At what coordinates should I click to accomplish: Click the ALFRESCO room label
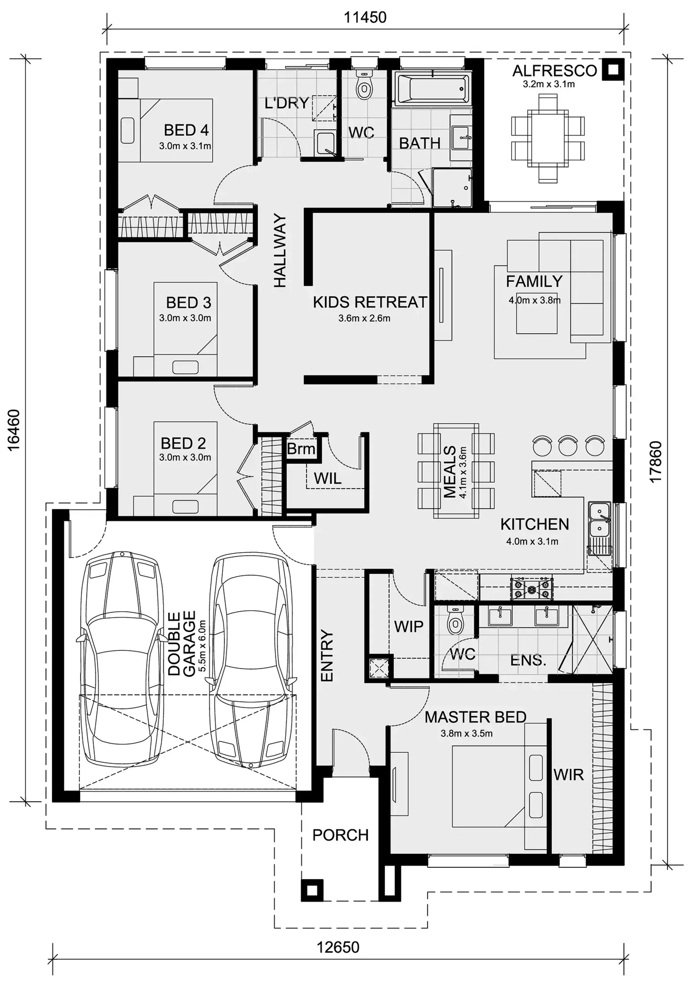coord(554,70)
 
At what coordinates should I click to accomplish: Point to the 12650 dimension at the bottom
coord(338,947)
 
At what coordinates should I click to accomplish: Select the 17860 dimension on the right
coord(655,462)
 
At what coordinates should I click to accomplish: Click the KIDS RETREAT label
coord(370,302)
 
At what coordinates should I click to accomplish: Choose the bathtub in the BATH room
coord(433,89)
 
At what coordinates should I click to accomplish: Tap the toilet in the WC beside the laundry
coord(364,85)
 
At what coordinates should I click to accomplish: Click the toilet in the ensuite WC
coord(455,620)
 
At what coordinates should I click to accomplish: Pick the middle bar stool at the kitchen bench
coord(568,445)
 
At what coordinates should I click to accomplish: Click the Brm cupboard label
coord(301,449)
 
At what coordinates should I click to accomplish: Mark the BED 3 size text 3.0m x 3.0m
coord(185,318)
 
